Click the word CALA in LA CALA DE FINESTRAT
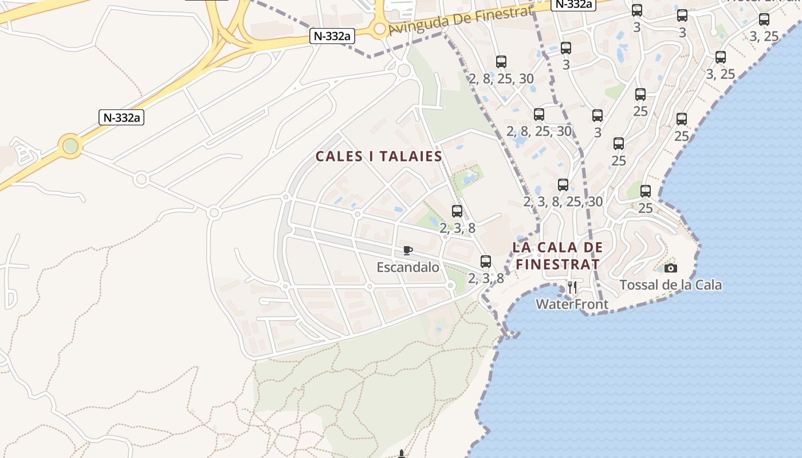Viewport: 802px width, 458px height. (560, 247)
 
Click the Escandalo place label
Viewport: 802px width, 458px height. (408, 267)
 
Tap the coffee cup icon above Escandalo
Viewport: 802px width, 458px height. (407, 250)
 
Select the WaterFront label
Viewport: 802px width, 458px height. (572, 304)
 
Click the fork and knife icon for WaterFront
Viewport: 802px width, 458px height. (572, 287)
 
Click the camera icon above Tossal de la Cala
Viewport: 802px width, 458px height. (671, 268)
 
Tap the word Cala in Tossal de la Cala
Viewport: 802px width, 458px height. (707, 285)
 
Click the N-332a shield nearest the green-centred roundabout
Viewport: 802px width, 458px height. (121, 118)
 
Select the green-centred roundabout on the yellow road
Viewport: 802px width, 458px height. (70, 146)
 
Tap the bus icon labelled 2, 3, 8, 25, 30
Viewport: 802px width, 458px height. (563, 185)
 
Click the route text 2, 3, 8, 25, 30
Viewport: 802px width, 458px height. (563, 202)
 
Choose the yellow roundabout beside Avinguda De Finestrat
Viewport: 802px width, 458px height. (379, 28)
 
